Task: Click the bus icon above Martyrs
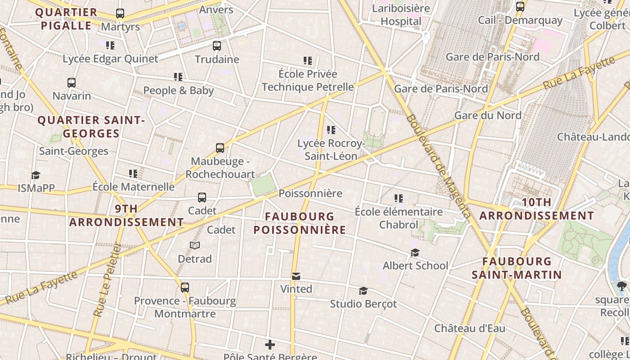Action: click(120, 13)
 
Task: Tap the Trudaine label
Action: click(217, 59)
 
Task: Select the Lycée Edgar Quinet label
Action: click(110, 58)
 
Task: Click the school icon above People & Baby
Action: click(178, 77)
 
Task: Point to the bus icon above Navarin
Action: click(72, 83)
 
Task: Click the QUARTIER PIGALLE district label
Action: click(66, 19)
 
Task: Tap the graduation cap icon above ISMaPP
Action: click(36, 175)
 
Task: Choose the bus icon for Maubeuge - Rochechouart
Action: click(220, 148)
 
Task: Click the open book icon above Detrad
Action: click(195, 246)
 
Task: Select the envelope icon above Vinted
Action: click(296, 276)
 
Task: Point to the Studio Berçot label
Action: click(364, 304)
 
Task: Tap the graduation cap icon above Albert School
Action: click(415, 253)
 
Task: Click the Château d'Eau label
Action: click(469, 328)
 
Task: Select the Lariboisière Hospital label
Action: click(401, 15)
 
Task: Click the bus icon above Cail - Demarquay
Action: click(520, 7)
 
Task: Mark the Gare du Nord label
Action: click(488, 115)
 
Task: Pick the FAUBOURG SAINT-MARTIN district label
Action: click(517, 268)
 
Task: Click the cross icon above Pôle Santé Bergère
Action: click(270, 345)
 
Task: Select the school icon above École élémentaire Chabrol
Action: click(398, 198)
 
